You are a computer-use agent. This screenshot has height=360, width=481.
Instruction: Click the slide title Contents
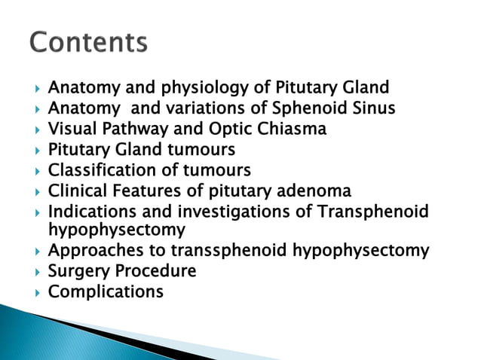click(89, 43)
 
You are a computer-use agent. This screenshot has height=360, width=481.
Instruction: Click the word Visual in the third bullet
click(71, 130)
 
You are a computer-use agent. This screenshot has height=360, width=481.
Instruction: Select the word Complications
click(106, 291)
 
